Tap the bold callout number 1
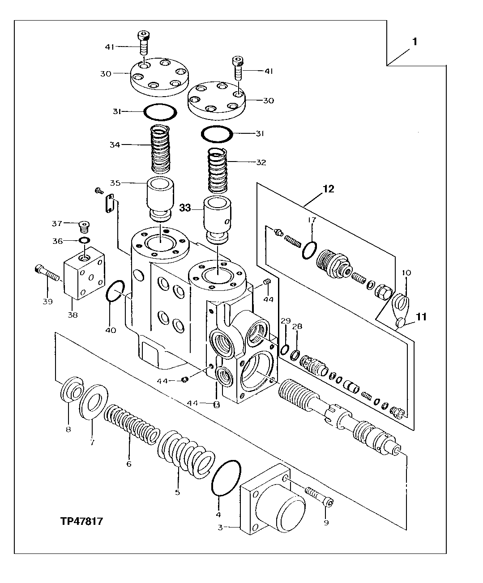pos(415,42)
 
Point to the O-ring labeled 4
pos(226,477)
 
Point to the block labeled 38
pos(84,273)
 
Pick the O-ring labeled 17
pos(310,251)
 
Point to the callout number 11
pos(420,317)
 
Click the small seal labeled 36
pos(83,241)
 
